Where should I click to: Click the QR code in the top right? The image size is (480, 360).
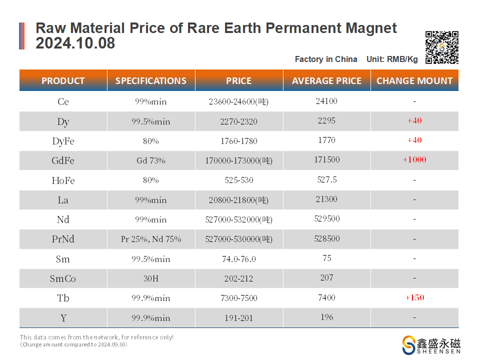(x=441, y=47)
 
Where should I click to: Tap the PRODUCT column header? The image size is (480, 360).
(x=63, y=80)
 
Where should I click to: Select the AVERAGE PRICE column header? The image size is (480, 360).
(x=326, y=80)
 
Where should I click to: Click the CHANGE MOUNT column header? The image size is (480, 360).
(x=414, y=80)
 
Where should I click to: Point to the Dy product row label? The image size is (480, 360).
(x=63, y=121)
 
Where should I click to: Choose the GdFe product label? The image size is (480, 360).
(x=63, y=160)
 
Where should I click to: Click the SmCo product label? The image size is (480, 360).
(x=63, y=278)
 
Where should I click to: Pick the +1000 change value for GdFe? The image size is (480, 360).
(x=414, y=160)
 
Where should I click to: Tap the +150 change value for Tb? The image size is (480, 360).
(x=414, y=297)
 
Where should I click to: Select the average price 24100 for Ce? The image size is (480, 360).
(x=326, y=101)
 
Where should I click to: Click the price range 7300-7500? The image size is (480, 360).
(x=239, y=298)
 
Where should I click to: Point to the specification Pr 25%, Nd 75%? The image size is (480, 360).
(x=151, y=239)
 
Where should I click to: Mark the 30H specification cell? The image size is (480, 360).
(x=151, y=278)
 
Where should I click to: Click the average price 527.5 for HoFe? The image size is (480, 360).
(x=326, y=180)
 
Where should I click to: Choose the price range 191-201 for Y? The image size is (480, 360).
(x=239, y=318)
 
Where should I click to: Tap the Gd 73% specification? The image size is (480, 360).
(x=151, y=160)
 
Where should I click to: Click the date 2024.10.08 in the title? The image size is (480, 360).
(x=75, y=43)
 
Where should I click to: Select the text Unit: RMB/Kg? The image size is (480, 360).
(x=392, y=59)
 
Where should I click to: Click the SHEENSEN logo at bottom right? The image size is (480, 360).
(x=431, y=345)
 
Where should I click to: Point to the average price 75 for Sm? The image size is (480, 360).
(x=326, y=258)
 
